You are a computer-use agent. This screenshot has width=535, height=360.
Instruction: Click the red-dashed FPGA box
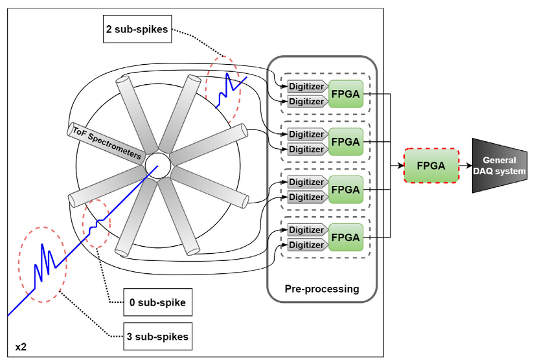point(431,166)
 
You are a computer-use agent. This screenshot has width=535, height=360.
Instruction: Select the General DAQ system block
point(499,166)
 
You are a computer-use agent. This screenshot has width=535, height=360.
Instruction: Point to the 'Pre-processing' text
point(322,289)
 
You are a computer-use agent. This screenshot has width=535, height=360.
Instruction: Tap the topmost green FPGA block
point(345,93)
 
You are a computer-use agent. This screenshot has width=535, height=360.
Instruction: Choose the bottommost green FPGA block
point(345,238)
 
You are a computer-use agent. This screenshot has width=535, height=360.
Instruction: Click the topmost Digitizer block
point(306,86)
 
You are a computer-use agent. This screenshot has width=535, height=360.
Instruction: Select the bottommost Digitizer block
point(306,245)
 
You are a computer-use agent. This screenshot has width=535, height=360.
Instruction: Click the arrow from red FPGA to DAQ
point(465,166)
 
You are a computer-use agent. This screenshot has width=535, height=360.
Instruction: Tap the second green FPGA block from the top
point(345,142)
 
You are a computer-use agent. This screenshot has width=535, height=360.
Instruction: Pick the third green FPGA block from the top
point(345,190)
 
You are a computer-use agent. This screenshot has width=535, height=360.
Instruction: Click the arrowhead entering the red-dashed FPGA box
point(400,166)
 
